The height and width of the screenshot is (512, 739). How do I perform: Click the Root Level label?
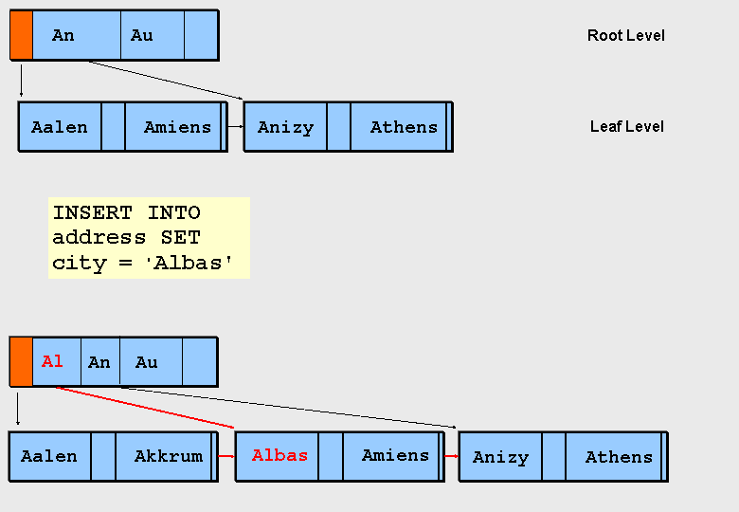point(625,36)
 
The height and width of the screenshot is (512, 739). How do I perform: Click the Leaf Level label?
point(626,126)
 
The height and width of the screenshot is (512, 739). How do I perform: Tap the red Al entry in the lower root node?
point(52,361)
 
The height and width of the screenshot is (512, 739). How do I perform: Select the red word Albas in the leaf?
point(279,455)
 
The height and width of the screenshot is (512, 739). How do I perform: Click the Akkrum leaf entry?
point(168,456)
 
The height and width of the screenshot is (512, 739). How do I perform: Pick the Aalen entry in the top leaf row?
point(59,127)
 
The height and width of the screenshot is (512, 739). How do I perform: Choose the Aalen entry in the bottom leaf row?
point(49,456)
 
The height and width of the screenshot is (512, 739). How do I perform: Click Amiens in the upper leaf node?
point(177,127)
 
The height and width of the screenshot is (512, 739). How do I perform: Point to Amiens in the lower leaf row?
point(395,455)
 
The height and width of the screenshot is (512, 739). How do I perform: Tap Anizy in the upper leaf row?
point(285,127)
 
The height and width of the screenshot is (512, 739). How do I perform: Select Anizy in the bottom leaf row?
point(500,457)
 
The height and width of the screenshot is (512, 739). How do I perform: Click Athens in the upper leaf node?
point(404,127)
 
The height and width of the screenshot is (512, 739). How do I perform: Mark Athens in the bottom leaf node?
point(619,457)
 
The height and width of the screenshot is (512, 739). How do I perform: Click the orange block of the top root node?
point(21,35)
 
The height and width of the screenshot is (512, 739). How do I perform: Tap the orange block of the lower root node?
point(21,361)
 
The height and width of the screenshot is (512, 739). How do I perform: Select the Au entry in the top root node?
point(141,35)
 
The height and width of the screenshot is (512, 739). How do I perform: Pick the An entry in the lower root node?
point(99,362)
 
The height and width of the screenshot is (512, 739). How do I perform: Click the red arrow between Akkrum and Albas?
point(225,456)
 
